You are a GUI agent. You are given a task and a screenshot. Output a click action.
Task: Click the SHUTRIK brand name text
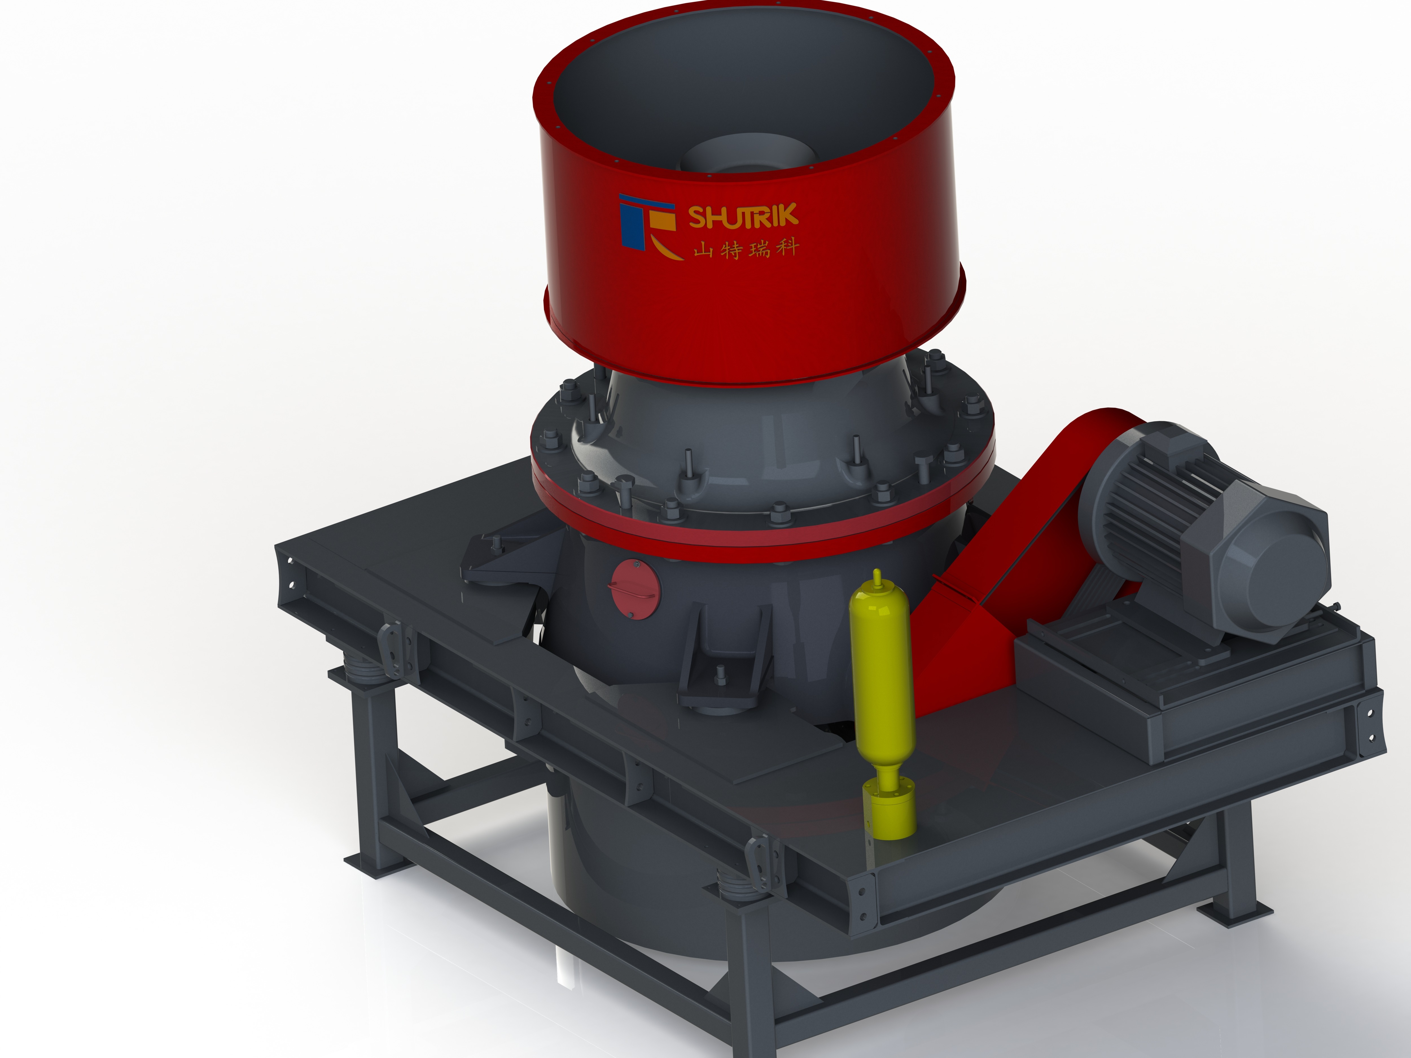[743, 216]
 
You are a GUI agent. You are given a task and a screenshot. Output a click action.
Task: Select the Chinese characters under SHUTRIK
[746, 248]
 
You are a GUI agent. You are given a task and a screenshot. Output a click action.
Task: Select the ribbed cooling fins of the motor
[1148, 504]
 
